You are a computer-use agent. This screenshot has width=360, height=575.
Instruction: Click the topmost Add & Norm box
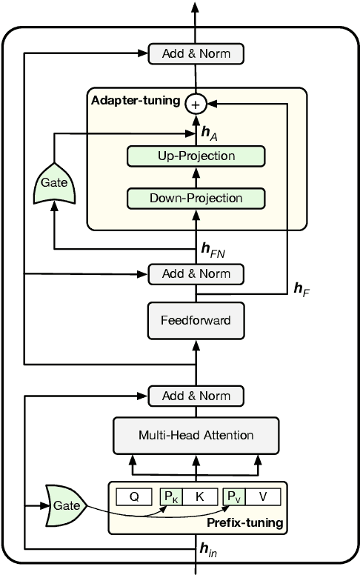pos(196,53)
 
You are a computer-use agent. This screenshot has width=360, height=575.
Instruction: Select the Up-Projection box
pos(196,156)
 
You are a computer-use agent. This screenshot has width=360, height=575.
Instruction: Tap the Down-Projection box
pos(196,198)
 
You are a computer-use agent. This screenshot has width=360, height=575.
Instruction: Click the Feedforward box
pos(196,321)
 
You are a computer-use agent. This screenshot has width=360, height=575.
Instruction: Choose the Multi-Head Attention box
pos(196,435)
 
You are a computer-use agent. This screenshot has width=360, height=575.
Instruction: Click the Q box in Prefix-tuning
pos(134,497)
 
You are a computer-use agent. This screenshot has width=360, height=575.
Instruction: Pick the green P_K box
pos(170,497)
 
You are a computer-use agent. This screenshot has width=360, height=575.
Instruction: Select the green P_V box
pos(234,497)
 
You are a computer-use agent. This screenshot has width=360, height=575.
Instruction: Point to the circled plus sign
pos(196,104)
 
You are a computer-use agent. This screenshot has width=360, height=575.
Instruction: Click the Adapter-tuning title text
pos(135,100)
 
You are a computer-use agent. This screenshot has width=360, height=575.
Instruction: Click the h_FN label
pos(213,250)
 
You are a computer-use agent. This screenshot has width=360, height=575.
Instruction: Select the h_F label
pos(301,287)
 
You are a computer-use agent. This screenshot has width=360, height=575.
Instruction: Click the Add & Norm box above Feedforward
pos(196,273)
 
